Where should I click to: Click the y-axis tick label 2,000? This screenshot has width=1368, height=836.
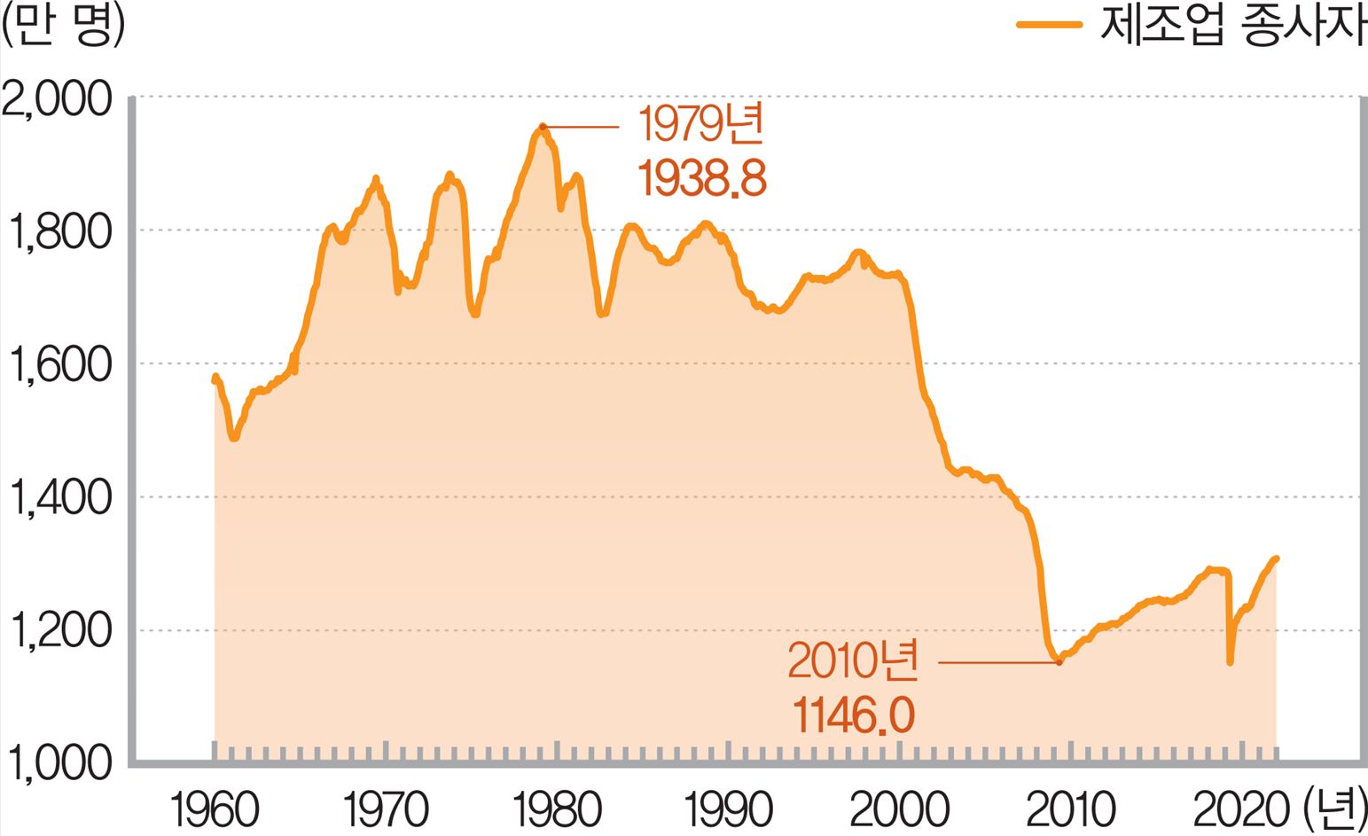coord(59,99)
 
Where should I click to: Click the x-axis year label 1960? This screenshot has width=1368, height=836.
coord(214,810)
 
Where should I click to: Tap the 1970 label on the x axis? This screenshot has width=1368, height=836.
coord(385,810)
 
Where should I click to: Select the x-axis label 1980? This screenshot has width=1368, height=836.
coord(557,810)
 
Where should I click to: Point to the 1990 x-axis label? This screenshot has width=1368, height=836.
coord(728,810)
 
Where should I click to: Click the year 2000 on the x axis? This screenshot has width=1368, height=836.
coord(899,810)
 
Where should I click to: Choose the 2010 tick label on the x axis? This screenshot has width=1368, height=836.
coord(1070,810)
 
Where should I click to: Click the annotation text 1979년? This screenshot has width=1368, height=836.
coord(700,125)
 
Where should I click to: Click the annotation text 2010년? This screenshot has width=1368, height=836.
coord(853,661)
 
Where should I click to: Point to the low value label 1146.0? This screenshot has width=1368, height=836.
coord(853,715)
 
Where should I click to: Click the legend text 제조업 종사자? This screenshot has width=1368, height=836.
coord(1231,27)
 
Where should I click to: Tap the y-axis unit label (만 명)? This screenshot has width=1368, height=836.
coord(63,27)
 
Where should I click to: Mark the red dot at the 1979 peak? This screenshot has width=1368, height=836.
coord(543,127)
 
